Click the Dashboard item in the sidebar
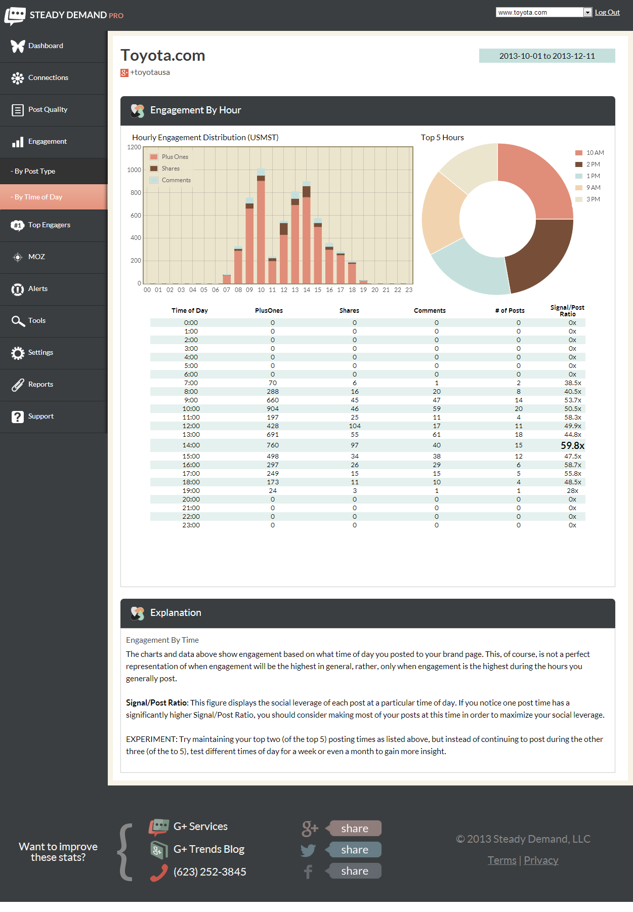click(46, 46)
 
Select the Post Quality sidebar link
click(48, 110)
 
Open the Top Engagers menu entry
click(49, 225)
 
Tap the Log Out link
click(607, 13)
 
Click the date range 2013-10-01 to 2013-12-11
click(547, 56)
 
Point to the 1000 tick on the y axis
click(134, 170)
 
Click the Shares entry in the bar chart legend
click(171, 169)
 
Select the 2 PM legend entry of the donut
click(593, 164)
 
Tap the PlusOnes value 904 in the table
click(273, 409)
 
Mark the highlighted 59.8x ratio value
click(572, 446)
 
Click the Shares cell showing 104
click(355, 426)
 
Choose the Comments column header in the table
click(430, 311)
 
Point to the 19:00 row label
click(191, 491)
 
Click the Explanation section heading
click(176, 613)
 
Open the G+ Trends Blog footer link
click(208, 849)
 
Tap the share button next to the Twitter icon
click(354, 850)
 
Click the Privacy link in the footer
click(541, 860)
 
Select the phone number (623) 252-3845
click(209, 872)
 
